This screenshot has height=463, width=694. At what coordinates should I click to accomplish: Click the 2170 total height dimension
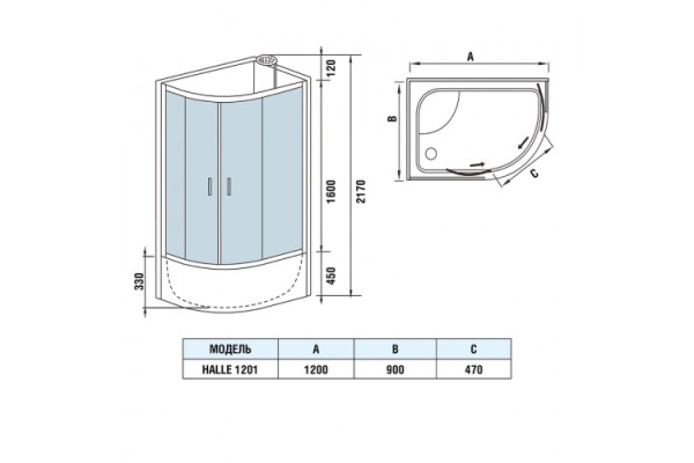(x=361, y=192)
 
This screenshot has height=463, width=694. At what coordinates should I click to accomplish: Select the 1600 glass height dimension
(x=331, y=192)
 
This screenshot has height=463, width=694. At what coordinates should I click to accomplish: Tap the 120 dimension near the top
(x=331, y=68)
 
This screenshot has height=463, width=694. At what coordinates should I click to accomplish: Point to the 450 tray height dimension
(x=331, y=276)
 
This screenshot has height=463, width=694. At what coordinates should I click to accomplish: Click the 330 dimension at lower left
(x=140, y=281)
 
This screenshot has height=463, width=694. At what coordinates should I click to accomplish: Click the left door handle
(x=210, y=186)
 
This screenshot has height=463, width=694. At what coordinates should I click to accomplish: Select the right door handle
(x=229, y=186)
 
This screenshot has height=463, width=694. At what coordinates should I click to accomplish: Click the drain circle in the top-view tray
(x=431, y=153)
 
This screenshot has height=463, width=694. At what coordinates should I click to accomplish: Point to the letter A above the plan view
(x=471, y=57)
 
